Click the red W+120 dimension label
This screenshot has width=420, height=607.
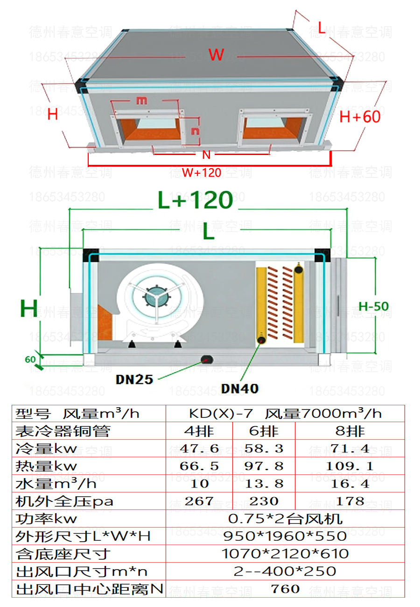(x=202, y=173)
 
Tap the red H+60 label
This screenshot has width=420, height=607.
(x=360, y=116)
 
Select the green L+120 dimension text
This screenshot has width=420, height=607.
(x=195, y=200)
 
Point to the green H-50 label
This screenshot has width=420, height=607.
(x=373, y=306)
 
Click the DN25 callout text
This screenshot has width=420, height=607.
(x=134, y=379)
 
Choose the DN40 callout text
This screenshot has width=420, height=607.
(x=240, y=388)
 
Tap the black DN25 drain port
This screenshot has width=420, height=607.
(x=206, y=359)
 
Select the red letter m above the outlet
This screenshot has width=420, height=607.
(x=142, y=100)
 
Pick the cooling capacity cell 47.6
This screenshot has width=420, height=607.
(x=199, y=449)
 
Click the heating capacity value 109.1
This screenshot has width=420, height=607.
(x=350, y=466)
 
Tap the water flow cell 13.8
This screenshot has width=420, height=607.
(x=264, y=484)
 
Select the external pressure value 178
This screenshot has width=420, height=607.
(x=350, y=501)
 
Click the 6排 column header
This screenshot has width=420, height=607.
(x=264, y=431)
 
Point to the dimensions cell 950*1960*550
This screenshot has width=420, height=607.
(x=285, y=536)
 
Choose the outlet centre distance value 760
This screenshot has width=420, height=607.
(x=285, y=589)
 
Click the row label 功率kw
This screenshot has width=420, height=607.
(x=47, y=519)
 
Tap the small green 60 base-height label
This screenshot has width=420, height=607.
(x=30, y=360)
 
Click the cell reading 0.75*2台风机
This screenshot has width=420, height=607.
(x=285, y=519)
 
